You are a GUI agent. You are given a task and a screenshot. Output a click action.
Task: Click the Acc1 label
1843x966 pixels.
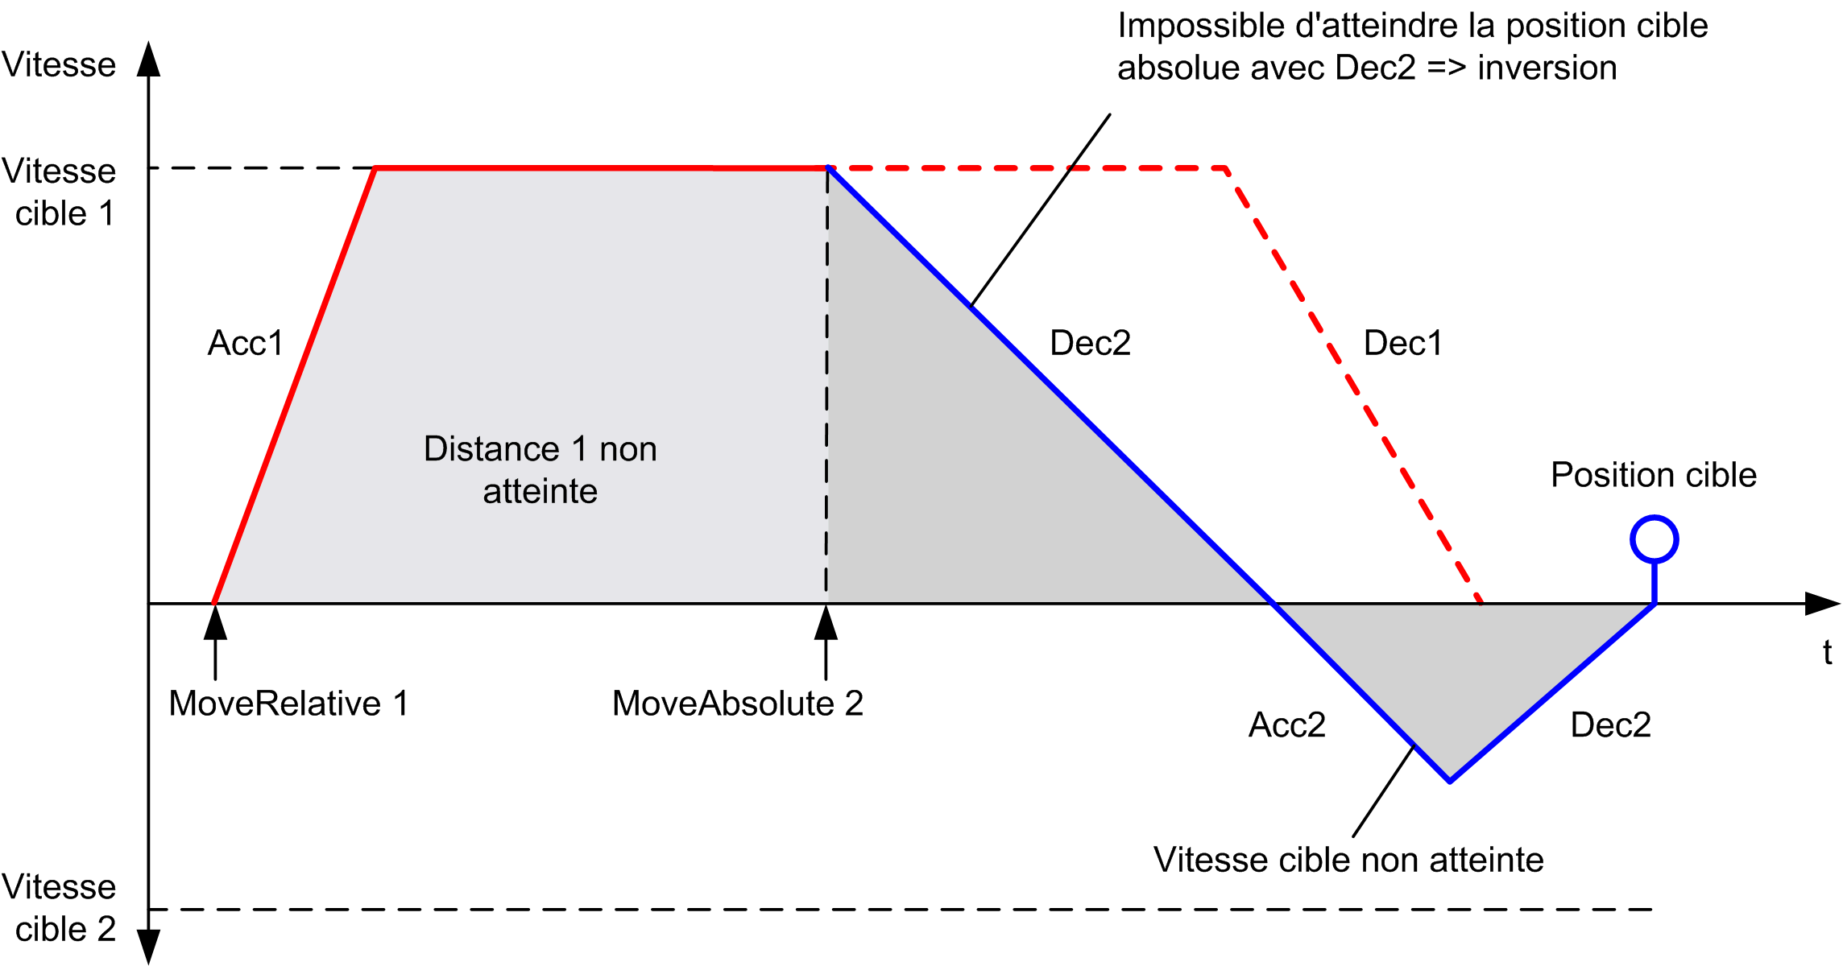(246, 344)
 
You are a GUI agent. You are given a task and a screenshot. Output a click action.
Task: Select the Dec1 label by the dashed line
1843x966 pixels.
(1402, 344)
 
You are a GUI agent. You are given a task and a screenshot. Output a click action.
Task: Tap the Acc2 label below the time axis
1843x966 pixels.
(1287, 725)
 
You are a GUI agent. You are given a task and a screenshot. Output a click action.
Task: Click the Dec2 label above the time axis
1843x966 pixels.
(1090, 344)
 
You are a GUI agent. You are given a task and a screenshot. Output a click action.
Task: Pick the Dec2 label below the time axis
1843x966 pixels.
(1610, 725)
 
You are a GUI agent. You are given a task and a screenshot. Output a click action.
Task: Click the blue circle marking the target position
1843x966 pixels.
(1654, 518)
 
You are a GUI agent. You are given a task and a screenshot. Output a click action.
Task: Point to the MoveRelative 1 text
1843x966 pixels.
(288, 704)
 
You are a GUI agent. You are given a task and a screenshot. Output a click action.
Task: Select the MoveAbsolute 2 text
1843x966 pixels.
(737, 704)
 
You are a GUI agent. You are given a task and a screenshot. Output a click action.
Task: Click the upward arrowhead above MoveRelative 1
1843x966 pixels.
(215, 621)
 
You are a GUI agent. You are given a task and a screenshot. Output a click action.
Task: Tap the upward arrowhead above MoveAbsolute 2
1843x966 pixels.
(826, 621)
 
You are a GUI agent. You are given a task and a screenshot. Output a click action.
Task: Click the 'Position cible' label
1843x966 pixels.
(1653, 475)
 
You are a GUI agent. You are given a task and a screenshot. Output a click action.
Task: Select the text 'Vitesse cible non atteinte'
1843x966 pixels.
(1348, 860)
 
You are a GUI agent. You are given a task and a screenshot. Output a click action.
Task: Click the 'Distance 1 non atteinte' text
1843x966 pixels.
(540, 470)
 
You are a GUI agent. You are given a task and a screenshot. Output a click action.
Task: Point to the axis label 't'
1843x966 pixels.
(1827, 652)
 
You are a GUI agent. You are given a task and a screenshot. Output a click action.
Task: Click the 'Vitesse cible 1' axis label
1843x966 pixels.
(59, 192)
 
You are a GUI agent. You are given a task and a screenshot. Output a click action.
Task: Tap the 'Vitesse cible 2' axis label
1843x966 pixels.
(59, 908)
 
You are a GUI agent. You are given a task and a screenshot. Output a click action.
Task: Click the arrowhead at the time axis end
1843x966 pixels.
(1823, 604)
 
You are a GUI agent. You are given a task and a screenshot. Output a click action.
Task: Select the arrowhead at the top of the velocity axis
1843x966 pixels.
(148, 59)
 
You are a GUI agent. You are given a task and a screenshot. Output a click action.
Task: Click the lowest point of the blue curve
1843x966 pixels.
(1450, 781)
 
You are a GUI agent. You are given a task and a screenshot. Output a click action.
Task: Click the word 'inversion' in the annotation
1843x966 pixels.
(1547, 68)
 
